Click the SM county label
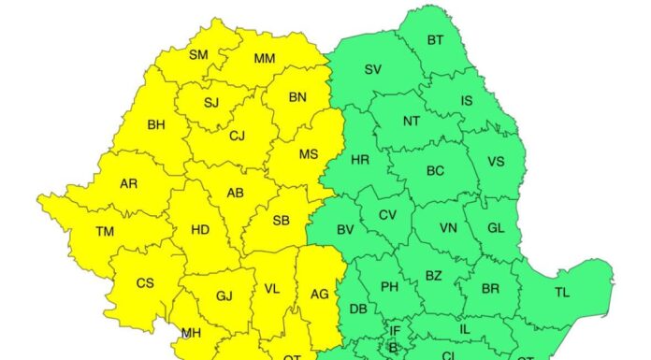click(x=198, y=54)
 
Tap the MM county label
click(x=265, y=59)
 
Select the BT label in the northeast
click(x=436, y=40)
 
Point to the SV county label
click(x=372, y=70)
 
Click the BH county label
click(x=156, y=123)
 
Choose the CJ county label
click(x=238, y=136)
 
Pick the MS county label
click(x=309, y=154)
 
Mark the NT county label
click(x=412, y=121)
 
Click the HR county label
click(x=360, y=160)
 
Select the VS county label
click(x=496, y=161)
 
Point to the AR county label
click(x=128, y=183)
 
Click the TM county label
click(x=105, y=231)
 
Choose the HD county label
click(x=200, y=228)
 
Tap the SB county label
click(x=281, y=221)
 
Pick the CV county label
click(x=387, y=215)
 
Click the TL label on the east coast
click(x=561, y=293)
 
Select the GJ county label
click(x=224, y=296)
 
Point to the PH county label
click(x=389, y=287)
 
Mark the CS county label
click(x=145, y=283)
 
